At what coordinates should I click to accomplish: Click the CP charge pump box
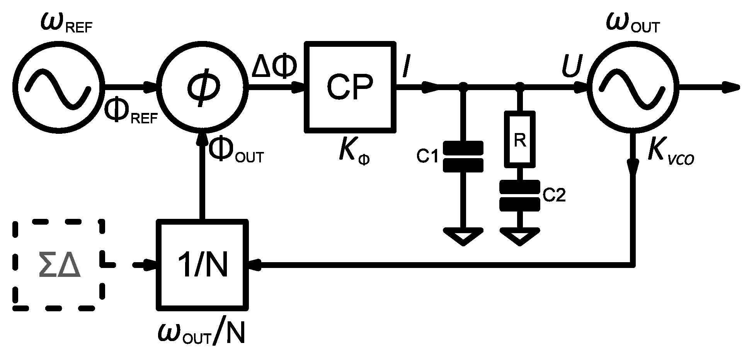tap(350, 87)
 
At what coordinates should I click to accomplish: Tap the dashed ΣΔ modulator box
tap(59, 265)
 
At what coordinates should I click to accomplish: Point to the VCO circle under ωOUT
tap(633, 88)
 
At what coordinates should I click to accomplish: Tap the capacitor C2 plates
tap(520, 196)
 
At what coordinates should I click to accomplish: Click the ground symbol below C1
tap(463, 236)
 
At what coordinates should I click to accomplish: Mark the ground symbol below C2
tap(520, 236)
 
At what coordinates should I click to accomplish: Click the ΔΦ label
tap(275, 67)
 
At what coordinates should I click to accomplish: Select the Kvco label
tap(671, 155)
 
